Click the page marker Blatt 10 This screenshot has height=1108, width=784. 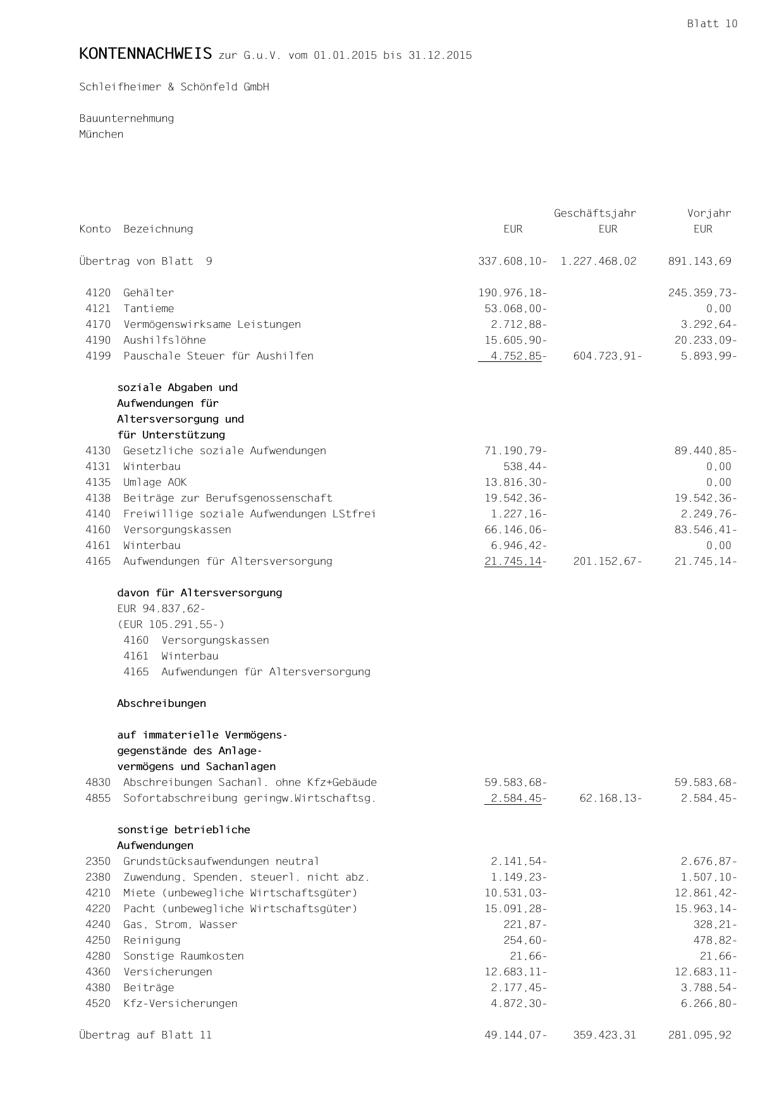coord(712,24)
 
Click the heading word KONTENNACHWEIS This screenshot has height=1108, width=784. coord(145,54)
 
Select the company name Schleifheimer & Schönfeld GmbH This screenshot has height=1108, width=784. coord(174,87)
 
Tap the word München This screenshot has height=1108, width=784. coord(101,135)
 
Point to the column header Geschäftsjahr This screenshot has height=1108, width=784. coord(595,214)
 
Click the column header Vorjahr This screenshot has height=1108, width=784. coord(709,214)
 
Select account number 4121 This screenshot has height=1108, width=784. coord(98,309)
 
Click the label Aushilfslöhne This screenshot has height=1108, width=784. coord(164,340)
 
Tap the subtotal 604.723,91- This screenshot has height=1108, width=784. coord(608,356)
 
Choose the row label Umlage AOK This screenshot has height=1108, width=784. coord(155,483)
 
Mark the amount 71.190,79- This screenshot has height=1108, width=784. coord(515,451)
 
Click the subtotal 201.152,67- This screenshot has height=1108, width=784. coord(608,562)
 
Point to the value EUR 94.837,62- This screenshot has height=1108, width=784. coord(161,609)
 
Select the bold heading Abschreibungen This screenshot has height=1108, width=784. coord(161,704)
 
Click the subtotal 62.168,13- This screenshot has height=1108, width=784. coord(610,798)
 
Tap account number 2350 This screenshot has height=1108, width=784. coord(98,862)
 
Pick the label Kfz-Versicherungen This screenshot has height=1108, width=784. coord(180,1004)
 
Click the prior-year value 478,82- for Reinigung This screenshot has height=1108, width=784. coord(715,941)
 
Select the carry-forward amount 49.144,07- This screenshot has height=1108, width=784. coord(515,1035)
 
